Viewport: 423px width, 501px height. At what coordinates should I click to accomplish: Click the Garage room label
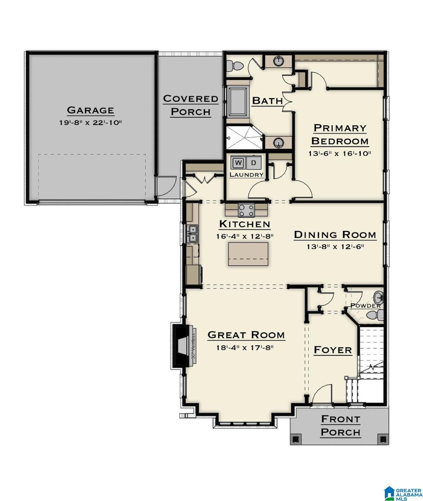(x=90, y=110)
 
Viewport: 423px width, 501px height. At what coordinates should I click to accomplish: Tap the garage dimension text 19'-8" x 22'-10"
(x=90, y=123)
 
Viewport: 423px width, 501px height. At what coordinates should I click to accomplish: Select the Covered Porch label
(x=191, y=105)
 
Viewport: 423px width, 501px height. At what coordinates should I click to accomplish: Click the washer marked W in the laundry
(x=238, y=163)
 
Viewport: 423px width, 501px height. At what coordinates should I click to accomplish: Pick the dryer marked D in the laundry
(x=253, y=163)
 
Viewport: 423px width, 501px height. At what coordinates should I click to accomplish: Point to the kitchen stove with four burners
(x=246, y=210)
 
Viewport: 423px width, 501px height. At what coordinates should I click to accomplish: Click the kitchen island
(x=248, y=254)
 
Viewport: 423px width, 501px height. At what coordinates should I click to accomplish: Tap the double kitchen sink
(x=193, y=234)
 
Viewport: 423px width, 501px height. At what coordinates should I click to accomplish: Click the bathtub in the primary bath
(x=237, y=102)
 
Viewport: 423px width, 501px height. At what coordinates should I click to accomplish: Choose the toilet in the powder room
(x=375, y=314)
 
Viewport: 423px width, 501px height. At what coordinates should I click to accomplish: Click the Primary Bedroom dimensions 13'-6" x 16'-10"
(x=340, y=154)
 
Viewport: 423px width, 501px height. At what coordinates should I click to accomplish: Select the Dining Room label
(x=335, y=235)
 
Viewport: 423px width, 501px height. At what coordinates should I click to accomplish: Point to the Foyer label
(x=333, y=350)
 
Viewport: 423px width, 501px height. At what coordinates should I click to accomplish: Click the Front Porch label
(x=341, y=426)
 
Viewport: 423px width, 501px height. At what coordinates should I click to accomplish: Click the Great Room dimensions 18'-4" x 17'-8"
(x=245, y=348)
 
